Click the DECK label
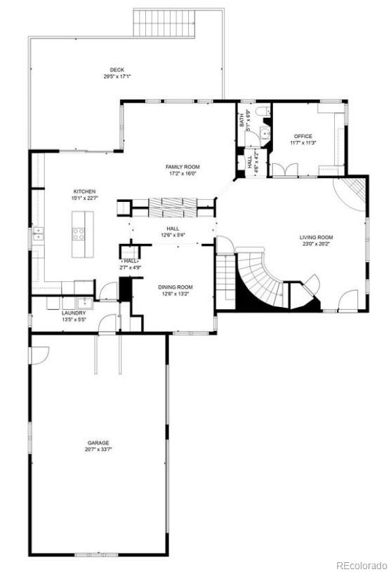coord(117,69)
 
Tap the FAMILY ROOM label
coord(183,167)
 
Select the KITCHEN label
coord(85,191)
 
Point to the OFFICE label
coord(303,136)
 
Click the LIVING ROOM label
coord(316,238)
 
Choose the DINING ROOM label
coord(175,287)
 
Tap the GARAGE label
coord(98,443)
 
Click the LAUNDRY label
coord(74,313)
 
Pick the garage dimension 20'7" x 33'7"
coord(99,450)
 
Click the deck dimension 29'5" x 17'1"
coord(117,76)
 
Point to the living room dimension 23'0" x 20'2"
coord(316,245)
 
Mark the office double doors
coord(285,169)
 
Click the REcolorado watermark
coord(360,565)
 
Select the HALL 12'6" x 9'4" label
coord(173,232)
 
